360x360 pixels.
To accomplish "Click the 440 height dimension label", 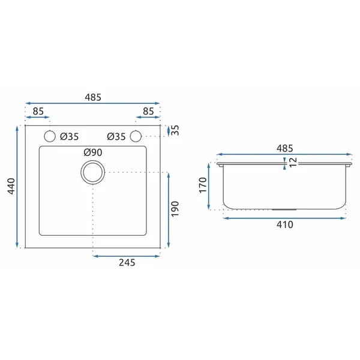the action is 11,186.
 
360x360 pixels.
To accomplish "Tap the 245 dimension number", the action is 127,262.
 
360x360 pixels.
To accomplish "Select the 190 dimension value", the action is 175,209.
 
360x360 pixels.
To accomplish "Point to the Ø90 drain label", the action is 93,152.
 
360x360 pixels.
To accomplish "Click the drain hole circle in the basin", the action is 93,161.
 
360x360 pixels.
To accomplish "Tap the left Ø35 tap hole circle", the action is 50,130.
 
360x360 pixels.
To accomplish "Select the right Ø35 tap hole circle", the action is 136,130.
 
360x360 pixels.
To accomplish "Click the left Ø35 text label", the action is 70,137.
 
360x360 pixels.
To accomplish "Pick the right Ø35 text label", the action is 116,137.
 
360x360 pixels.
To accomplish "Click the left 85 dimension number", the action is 38,112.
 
